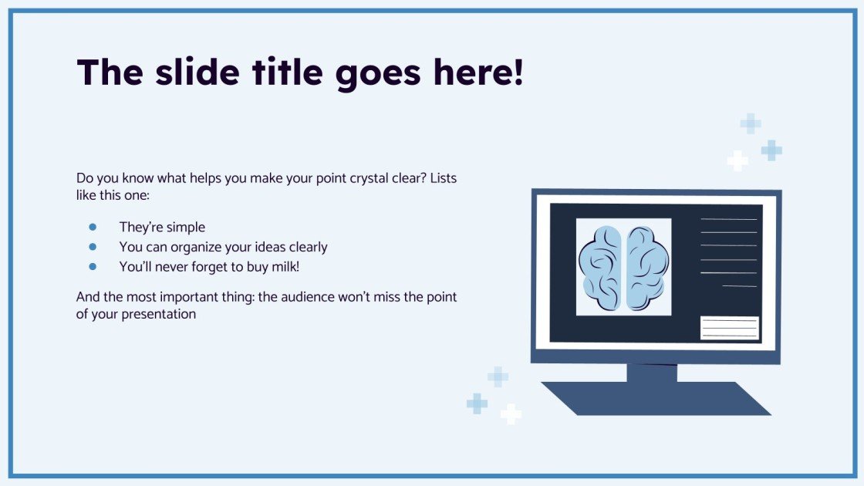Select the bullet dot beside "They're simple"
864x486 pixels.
93,227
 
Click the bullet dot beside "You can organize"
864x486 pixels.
93,247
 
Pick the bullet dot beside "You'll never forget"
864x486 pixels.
93,266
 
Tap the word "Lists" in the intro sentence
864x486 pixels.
443,179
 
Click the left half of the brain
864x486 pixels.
602,266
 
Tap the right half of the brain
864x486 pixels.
646,266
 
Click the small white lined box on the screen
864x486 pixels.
729,328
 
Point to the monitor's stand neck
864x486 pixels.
652,373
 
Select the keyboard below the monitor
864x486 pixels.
656,398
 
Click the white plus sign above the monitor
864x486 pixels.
737,160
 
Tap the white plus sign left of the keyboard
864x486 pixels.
511,414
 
